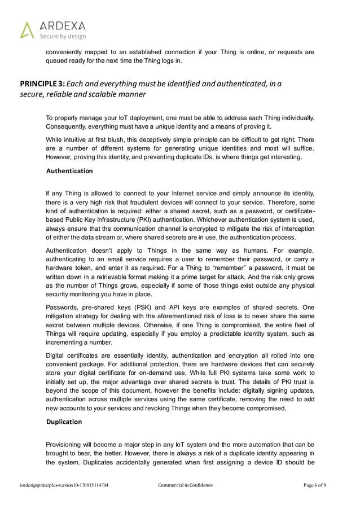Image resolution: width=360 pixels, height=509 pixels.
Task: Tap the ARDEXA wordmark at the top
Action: click(62, 26)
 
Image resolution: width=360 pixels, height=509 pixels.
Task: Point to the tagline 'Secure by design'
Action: click(62, 36)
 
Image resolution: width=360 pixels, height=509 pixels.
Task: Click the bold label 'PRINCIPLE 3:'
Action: click(43, 85)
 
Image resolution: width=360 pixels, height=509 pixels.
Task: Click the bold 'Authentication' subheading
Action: click(69, 170)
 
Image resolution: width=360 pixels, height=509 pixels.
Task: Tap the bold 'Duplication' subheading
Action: click(64, 422)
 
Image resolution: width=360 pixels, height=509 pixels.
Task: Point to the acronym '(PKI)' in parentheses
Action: click(145, 220)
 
